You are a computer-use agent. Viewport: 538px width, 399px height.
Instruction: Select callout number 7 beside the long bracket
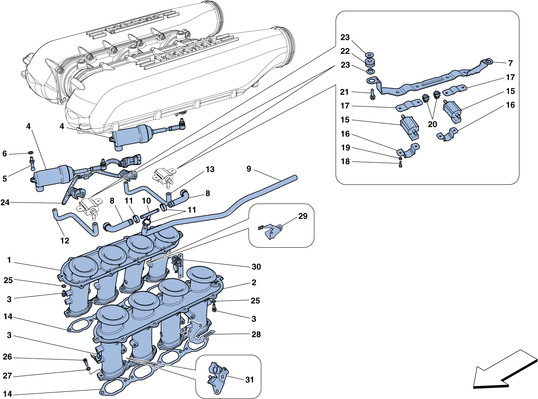click(x=510, y=63)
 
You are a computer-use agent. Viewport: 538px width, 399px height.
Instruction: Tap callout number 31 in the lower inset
click(x=249, y=380)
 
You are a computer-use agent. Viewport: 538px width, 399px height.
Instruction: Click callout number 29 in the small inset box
click(x=303, y=216)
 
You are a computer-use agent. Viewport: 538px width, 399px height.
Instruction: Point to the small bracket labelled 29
click(x=271, y=231)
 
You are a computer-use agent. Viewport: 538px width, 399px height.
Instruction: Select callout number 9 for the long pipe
click(x=249, y=169)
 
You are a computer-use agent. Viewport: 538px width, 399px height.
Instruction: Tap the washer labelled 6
click(x=31, y=152)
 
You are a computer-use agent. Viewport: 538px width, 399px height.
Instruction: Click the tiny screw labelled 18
click(x=400, y=165)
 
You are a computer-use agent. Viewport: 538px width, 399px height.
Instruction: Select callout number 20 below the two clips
click(x=432, y=124)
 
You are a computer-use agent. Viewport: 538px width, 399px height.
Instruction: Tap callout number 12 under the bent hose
click(x=65, y=241)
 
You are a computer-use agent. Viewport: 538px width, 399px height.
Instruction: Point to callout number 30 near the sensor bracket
click(x=256, y=267)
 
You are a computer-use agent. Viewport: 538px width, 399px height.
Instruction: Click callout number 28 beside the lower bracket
click(x=256, y=334)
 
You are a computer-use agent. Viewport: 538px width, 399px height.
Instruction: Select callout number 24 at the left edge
click(x=5, y=203)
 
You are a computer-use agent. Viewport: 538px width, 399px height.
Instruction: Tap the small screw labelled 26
click(x=85, y=361)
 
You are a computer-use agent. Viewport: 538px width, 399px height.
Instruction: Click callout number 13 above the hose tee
click(x=210, y=169)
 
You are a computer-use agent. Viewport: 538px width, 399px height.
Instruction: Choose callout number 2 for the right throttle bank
click(x=254, y=282)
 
